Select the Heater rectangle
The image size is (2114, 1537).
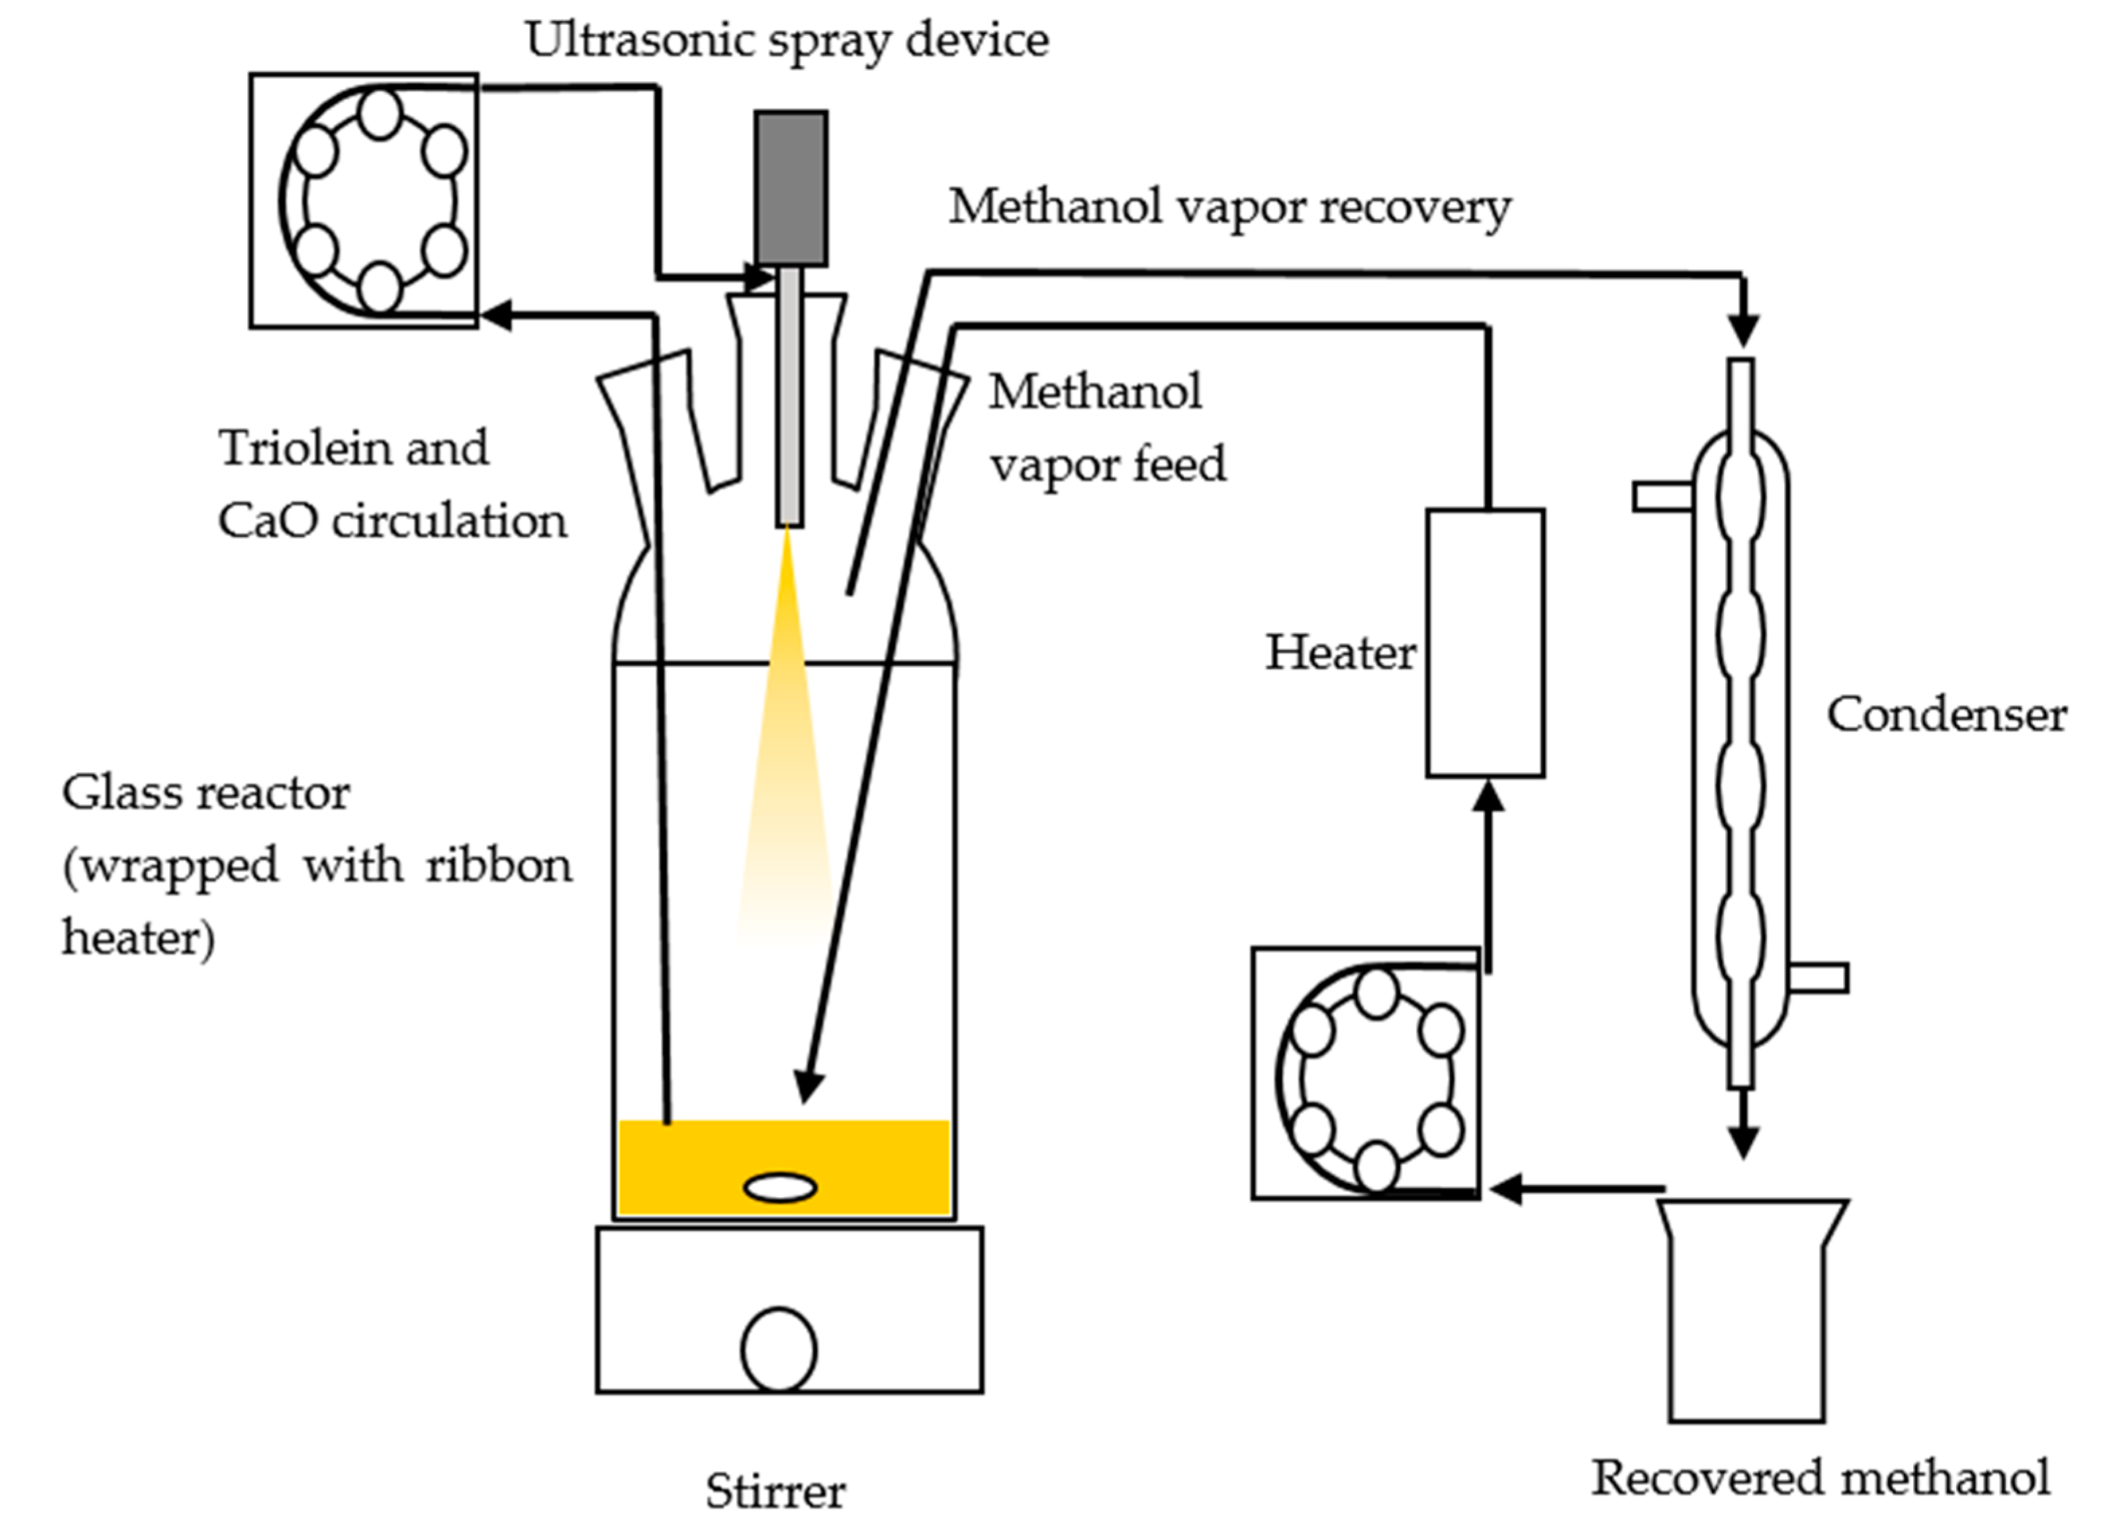1485,643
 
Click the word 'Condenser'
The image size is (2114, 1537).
1946,716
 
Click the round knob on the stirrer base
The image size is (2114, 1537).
779,1350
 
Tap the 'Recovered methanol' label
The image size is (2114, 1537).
1821,1479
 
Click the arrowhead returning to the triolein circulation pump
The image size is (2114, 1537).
499,315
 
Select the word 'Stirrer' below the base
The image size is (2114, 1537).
776,1492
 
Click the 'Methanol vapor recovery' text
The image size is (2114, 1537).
1228,207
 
